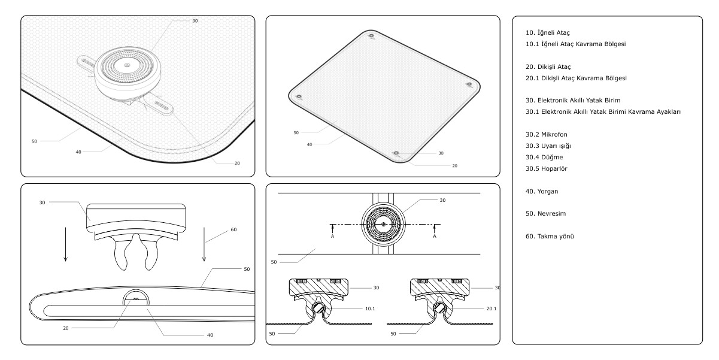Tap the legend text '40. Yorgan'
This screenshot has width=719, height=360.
point(538,192)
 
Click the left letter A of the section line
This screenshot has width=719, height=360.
point(332,236)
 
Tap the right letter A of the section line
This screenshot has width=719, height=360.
point(434,236)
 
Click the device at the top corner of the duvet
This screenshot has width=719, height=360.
point(372,36)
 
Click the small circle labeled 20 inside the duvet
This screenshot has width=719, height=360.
point(136,300)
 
